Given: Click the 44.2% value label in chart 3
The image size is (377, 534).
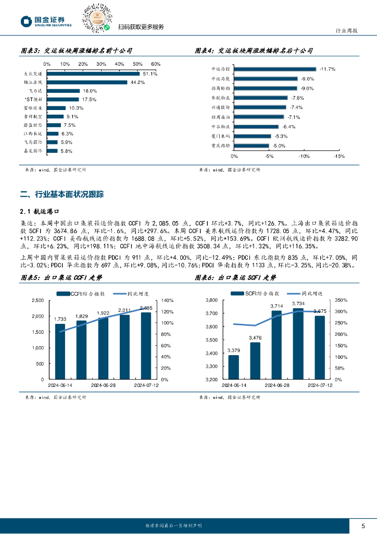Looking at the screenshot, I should [137, 82].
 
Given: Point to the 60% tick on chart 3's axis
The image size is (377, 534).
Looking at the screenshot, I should [156, 64].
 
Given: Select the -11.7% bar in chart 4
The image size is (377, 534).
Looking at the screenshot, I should [275, 69].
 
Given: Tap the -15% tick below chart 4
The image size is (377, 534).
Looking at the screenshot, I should [338, 156].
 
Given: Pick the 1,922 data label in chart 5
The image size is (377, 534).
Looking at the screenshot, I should [104, 313].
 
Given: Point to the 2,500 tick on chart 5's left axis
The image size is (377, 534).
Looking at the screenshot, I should [38, 300].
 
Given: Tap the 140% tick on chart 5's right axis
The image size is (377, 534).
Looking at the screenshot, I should [167, 300].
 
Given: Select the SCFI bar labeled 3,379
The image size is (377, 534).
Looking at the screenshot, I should [233, 367].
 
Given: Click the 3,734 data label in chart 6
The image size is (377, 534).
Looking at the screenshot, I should [298, 303].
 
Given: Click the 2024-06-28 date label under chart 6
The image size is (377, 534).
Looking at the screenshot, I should [276, 385].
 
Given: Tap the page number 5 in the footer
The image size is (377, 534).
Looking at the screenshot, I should [363, 525].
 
